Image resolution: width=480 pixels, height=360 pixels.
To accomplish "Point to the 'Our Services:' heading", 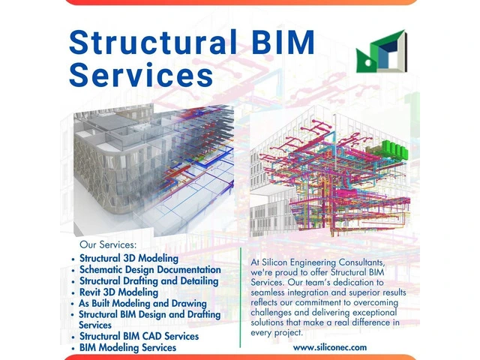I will click(x=109, y=244).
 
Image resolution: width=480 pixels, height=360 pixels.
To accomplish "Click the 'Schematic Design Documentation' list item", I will click(x=150, y=269).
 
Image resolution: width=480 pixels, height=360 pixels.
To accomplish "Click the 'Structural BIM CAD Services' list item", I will click(x=139, y=336).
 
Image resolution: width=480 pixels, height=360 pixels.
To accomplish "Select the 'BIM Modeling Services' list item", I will click(x=127, y=347).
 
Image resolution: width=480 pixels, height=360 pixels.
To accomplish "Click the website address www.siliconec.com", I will click(x=330, y=347).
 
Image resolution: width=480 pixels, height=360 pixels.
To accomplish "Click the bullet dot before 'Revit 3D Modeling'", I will click(x=73, y=292).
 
